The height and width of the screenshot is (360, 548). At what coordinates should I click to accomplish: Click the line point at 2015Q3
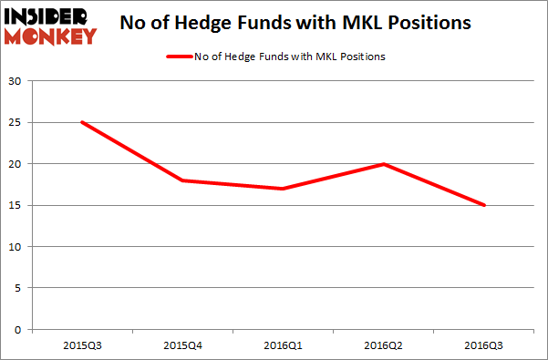(82, 122)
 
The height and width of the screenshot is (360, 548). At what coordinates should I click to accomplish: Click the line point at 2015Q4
(182, 180)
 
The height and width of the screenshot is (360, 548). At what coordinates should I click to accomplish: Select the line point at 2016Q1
(284, 189)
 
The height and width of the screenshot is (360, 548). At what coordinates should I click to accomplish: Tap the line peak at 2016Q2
(384, 164)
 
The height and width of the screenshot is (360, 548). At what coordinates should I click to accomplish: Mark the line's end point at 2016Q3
(484, 205)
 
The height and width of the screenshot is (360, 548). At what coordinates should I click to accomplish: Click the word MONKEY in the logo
(51, 36)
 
